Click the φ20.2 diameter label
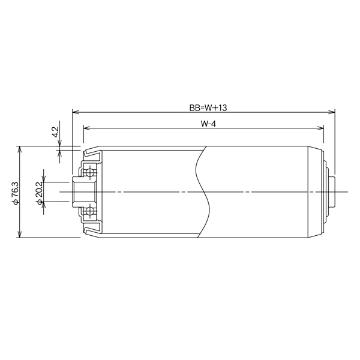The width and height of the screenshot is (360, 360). (40, 192)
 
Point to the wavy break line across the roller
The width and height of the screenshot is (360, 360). (203, 191)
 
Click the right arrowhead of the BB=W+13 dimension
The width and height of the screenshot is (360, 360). (332, 112)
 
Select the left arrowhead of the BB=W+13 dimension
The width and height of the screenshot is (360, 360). (75, 112)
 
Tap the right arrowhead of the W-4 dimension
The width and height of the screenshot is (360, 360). (321, 128)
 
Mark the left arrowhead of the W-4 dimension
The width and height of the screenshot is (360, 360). (86, 128)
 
